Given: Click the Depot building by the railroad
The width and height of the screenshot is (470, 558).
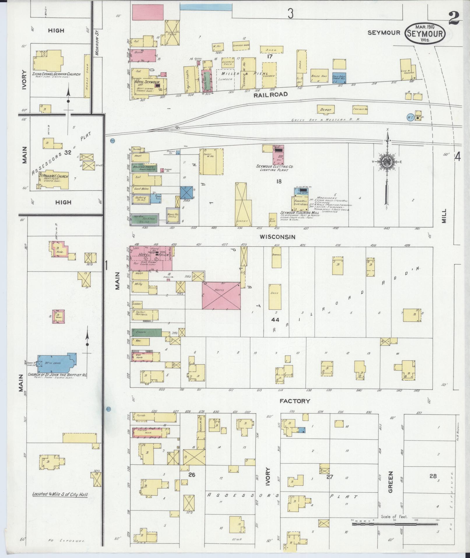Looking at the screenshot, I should [x=326, y=109].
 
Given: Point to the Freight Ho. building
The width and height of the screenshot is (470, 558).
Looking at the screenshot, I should [x=360, y=109].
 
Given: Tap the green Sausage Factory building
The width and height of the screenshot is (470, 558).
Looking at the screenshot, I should [x=145, y=168].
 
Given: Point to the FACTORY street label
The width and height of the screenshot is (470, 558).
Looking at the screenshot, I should [x=295, y=401].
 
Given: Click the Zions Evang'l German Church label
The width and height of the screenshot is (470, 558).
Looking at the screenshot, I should [x=57, y=74].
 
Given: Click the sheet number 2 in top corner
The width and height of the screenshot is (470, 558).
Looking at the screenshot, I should [x=454, y=20].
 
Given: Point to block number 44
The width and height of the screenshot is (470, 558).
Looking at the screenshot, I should [x=275, y=320].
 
